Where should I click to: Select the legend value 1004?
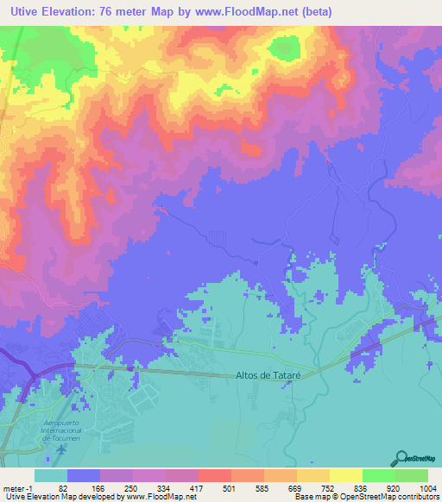(426, 487)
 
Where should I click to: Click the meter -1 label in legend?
(16, 487)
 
